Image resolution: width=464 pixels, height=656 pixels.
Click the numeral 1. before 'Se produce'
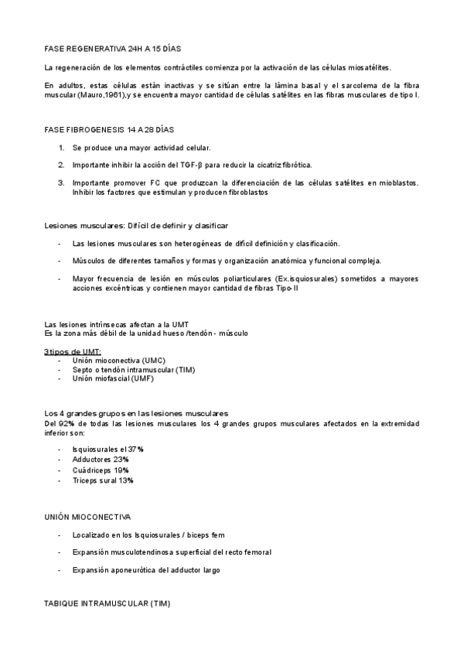point(61,147)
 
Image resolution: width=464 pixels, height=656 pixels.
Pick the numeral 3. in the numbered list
point(61,183)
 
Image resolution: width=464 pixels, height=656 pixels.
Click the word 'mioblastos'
point(397,183)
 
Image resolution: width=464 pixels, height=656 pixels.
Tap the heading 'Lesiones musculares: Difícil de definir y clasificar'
point(136,225)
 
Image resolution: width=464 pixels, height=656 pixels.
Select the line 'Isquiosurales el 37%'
point(107,449)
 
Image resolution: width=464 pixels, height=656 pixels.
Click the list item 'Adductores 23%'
point(101,459)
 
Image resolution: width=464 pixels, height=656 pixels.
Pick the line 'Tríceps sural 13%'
point(103,480)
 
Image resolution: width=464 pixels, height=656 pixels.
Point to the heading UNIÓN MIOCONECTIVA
point(87,515)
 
